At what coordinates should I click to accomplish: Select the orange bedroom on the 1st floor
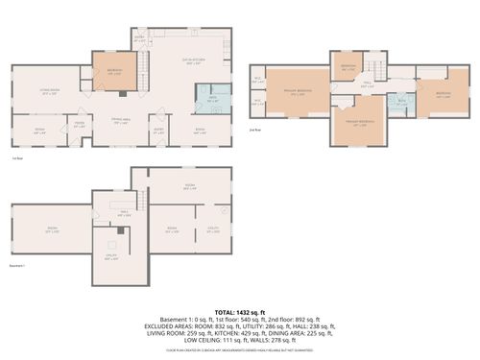click(x=114, y=72)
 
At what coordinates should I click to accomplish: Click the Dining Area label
click(x=120, y=118)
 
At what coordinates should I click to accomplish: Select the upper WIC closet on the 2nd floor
click(x=257, y=80)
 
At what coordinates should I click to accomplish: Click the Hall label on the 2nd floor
click(x=366, y=84)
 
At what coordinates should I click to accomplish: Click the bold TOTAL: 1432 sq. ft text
click(x=240, y=312)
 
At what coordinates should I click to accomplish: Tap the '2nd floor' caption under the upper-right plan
click(x=254, y=130)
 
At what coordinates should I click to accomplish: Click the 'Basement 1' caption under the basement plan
click(x=16, y=266)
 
